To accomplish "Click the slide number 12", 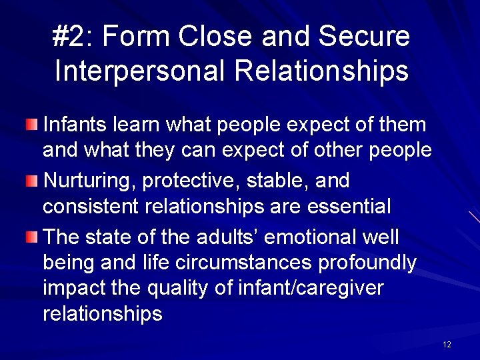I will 446,345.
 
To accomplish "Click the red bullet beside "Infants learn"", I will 33,124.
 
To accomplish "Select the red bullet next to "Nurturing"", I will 33,181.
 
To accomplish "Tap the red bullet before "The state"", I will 33,237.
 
